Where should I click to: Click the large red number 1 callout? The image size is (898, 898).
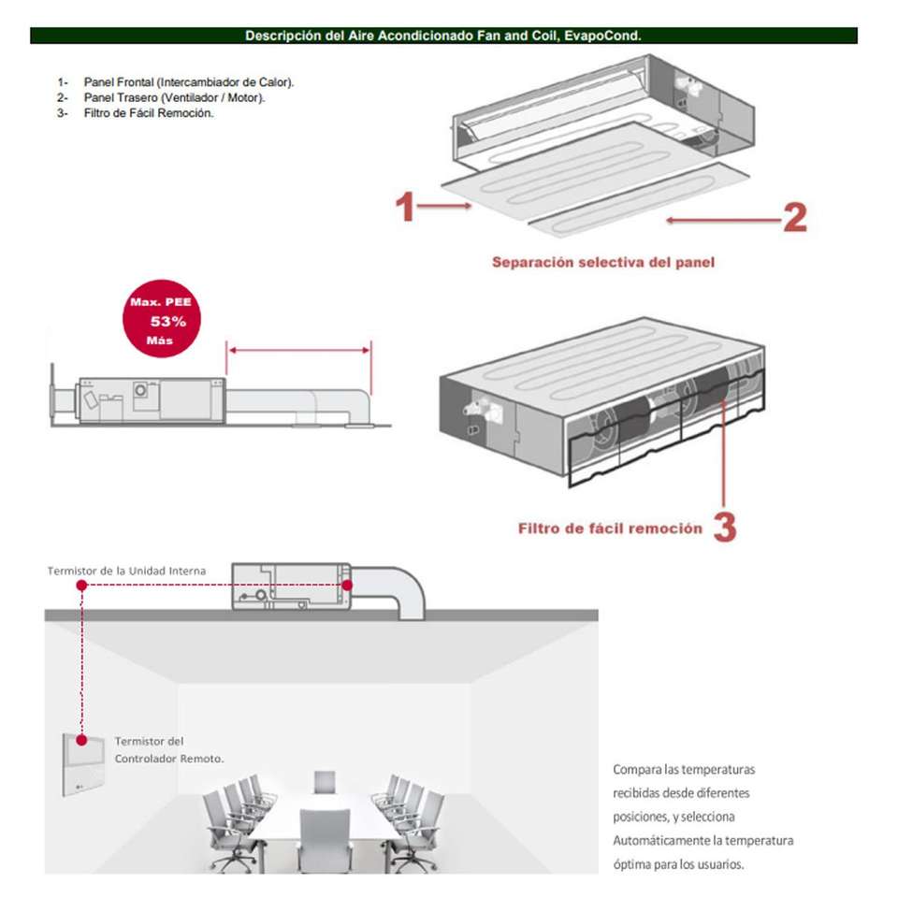click(405, 208)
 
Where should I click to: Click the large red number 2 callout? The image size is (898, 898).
click(793, 217)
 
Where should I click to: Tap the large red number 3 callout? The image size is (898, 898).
click(725, 527)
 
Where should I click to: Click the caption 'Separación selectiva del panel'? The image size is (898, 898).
click(603, 263)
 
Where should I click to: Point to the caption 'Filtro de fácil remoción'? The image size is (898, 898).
click(610, 529)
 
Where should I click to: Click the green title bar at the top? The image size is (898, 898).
click(443, 36)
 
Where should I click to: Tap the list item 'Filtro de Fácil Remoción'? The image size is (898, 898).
click(149, 112)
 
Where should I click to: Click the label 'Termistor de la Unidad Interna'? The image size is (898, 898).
click(126, 571)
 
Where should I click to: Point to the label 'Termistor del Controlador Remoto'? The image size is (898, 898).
click(168, 750)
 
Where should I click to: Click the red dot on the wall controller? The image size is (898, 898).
click(82, 739)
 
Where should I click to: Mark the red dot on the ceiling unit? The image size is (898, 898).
click(346, 585)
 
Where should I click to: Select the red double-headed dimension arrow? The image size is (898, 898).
click(299, 351)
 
